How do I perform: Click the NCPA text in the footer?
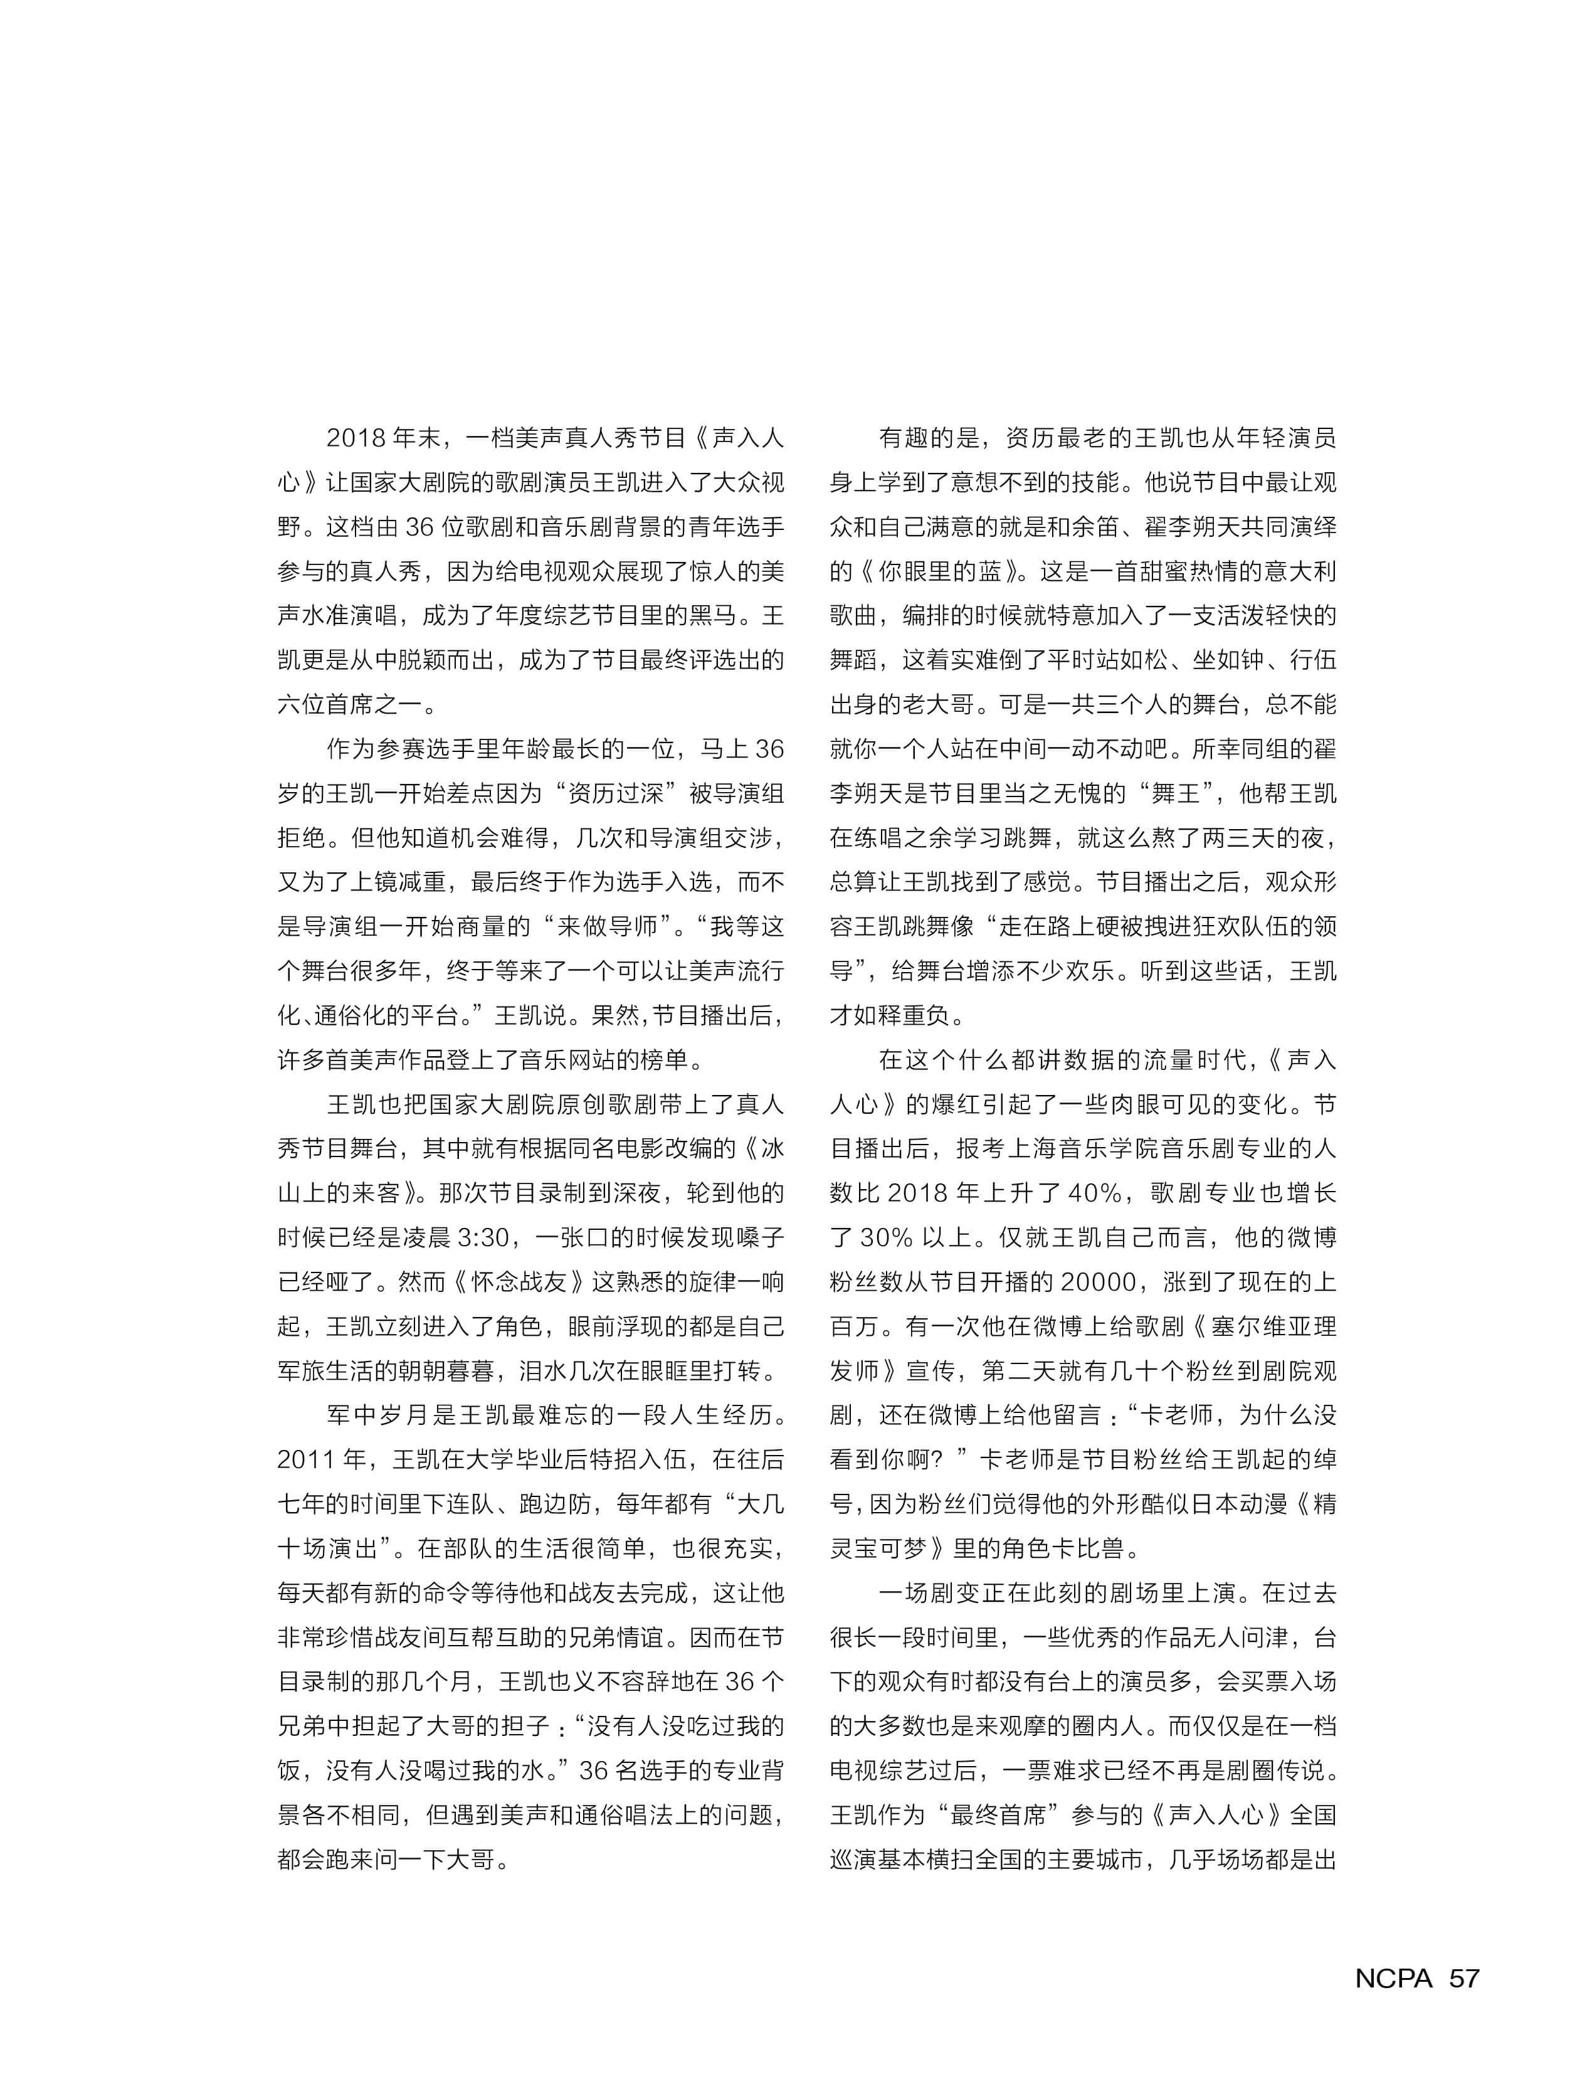pos(1393,1978)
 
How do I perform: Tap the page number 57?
pos(1464,1978)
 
